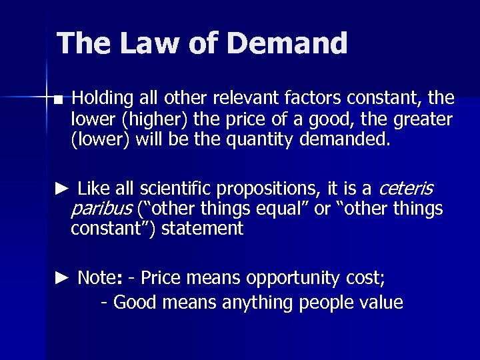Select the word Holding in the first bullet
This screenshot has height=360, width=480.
(103, 99)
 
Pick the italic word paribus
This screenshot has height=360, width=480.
(101, 209)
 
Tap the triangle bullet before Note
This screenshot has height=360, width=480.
(61, 278)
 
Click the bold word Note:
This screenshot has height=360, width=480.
(99, 278)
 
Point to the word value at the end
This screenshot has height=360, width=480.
(382, 303)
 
